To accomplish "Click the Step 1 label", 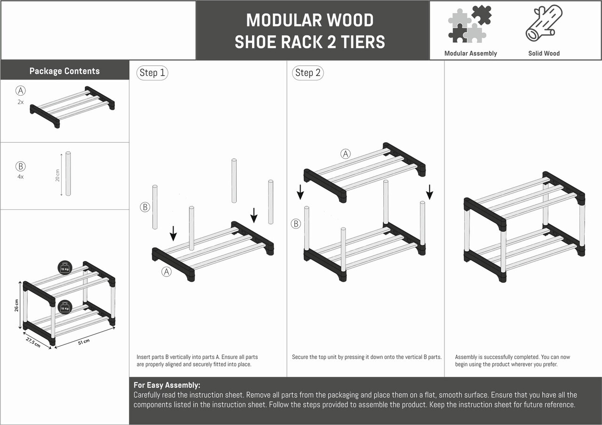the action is pyautogui.click(x=152, y=73).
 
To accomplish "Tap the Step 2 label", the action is pyautogui.click(x=308, y=73).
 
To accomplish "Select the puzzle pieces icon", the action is pyautogui.click(x=470, y=24).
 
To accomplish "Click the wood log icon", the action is pyautogui.click(x=544, y=23).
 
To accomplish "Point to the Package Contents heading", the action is pyautogui.click(x=64, y=71).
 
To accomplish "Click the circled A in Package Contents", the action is pyautogui.click(x=20, y=91).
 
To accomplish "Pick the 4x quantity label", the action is pyautogui.click(x=20, y=177).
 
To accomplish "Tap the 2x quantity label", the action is pyautogui.click(x=20, y=102).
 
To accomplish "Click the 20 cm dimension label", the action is pyautogui.click(x=57, y=175).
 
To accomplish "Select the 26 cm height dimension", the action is pyautogui.click(x=16, y=305).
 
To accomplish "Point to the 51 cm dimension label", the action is pyautogui.click(x=84, y=342).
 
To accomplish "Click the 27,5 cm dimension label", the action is pyautogui.click(x=33, y=343).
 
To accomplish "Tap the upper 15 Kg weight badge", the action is pyautogui.click(x=65, y=268).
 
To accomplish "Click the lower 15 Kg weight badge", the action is pyautogui.click(x=65, y=307).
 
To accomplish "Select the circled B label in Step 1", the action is pyautogui.click(x=145, y=207).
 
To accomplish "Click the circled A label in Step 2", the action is pyautogui.click(x=346, y=154).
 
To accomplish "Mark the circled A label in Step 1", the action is pyautogui.click(x=166, y=272).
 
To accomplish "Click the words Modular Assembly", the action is pyautogui.click(x=471, y=53).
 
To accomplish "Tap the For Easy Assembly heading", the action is pyautogui.click(x=167, y=385).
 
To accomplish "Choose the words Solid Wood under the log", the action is pyautogui.click(x=544, y=53).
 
